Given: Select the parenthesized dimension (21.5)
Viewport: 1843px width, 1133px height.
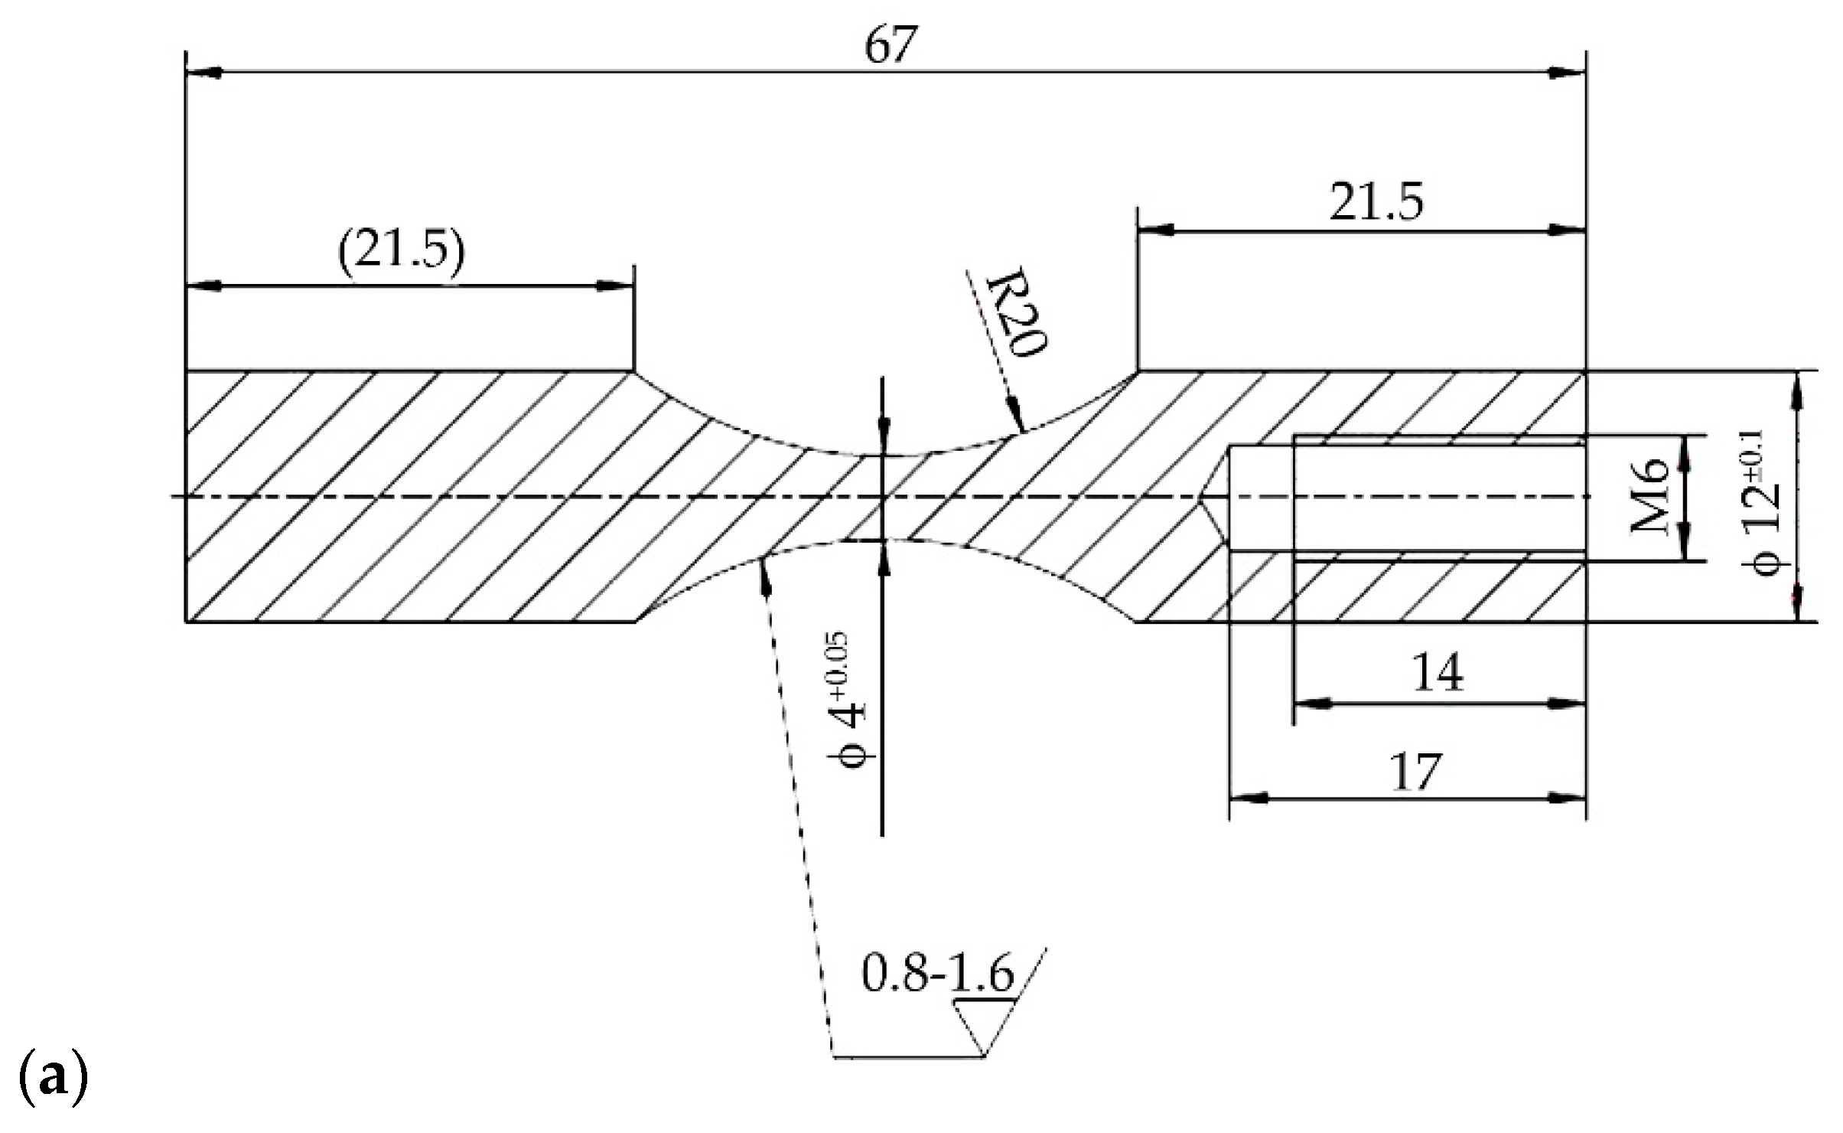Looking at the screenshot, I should tap(401, 251).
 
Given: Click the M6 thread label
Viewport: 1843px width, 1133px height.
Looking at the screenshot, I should tap(1648, 498).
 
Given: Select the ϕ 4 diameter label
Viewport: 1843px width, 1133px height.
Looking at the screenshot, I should tap(849, 700).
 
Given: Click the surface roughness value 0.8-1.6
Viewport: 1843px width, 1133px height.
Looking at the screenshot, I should tap(937, 974).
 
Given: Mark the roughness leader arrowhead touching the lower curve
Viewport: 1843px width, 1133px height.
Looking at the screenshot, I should tap(764, 570).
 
